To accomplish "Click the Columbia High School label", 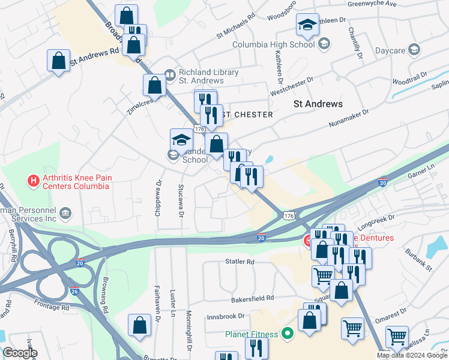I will pos(273,44).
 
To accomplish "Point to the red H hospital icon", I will pos(34,179).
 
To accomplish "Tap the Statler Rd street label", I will pos(240,262).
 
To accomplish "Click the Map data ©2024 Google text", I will pos(412,355).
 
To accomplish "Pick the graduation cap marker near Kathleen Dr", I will pos(307,25).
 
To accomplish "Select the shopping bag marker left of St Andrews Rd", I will pos(58,60).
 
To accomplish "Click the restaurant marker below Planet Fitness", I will pos(256,347).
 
